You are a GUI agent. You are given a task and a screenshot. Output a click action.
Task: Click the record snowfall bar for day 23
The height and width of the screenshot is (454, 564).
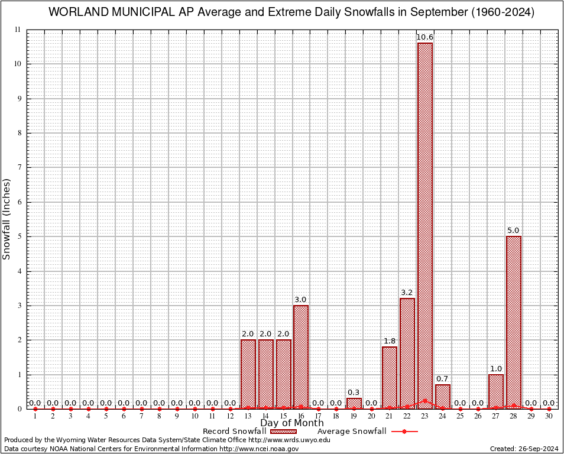(x=424, y=225)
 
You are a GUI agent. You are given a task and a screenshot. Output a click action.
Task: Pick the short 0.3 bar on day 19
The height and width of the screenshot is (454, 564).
(x=354, y=403)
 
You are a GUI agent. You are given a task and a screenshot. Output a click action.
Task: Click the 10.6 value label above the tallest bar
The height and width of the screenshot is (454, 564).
(x=424, y=37)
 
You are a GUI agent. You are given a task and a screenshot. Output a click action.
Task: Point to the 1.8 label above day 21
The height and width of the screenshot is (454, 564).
(x=390, y=341)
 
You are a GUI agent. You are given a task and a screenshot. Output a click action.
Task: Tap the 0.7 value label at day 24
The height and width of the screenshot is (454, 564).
(x=442, y=378)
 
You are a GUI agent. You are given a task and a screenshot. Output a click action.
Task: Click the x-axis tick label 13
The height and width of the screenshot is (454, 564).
(x=248, y=417)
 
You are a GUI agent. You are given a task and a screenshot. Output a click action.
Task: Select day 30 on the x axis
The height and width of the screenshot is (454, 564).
(x=549, y=417)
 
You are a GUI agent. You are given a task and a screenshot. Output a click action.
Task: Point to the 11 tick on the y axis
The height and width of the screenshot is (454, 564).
(x=18, y=30)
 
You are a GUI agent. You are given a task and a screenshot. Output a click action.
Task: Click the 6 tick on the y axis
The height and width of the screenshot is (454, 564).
(x=20, y=202)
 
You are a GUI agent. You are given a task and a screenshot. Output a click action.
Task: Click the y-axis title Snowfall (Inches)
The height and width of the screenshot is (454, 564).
(x=7, y=219)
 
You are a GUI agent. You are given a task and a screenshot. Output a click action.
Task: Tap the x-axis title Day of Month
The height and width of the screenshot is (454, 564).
(x=292, y=423)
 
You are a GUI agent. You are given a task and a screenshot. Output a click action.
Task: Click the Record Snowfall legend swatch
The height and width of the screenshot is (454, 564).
(x=284, y=432)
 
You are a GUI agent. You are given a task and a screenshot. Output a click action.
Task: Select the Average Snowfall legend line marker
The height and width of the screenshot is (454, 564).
(x=404, y=432)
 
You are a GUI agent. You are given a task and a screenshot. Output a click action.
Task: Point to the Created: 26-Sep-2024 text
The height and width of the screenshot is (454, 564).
(x=524, y=449)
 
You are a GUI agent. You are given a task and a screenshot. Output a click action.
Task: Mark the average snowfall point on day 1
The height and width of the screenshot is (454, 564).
(x=35, y=408)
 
